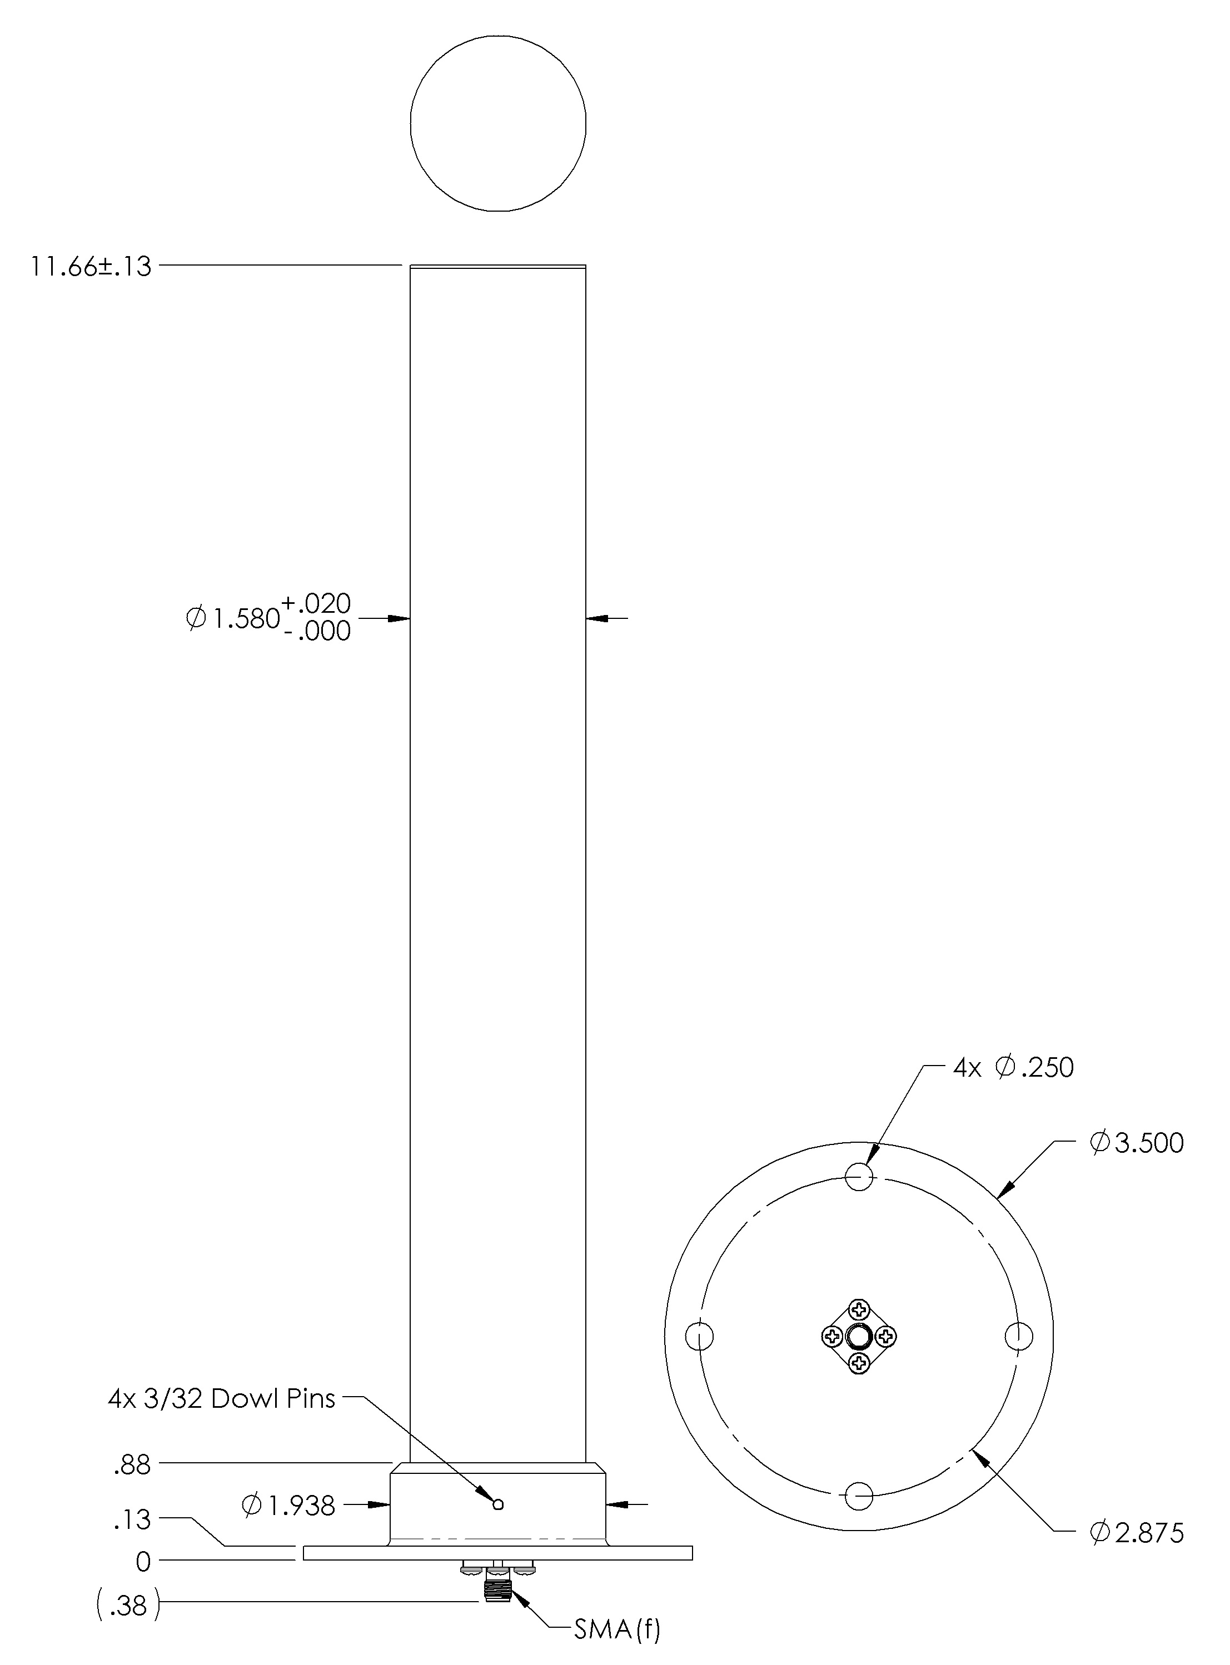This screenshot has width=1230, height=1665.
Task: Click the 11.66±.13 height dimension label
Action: tap(90, 267)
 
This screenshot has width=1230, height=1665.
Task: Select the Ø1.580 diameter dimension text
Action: tap(232, 618)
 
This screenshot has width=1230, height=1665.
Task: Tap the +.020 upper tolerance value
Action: tap(316, 603)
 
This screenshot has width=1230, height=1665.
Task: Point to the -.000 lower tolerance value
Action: tap(316, 632)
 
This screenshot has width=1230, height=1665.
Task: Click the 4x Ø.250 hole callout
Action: tap(1013, 1068)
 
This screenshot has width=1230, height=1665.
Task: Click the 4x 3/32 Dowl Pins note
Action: tap(221, 1399)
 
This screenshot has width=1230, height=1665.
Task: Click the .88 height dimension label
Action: tap(132, 1466)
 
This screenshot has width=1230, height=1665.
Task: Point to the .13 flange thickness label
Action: tap(132, 1520)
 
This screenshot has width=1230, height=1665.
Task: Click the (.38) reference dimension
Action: tap(128, 1606)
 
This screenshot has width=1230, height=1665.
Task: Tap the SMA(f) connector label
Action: tap(616, 1630)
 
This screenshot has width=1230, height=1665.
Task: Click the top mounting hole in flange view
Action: tap(859, 1177)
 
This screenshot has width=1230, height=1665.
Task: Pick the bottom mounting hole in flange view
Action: tap(859, 1496)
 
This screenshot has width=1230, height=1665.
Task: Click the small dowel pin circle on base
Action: tap(498, 1504)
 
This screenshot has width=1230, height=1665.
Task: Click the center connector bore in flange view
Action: tap(859, 1338)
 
